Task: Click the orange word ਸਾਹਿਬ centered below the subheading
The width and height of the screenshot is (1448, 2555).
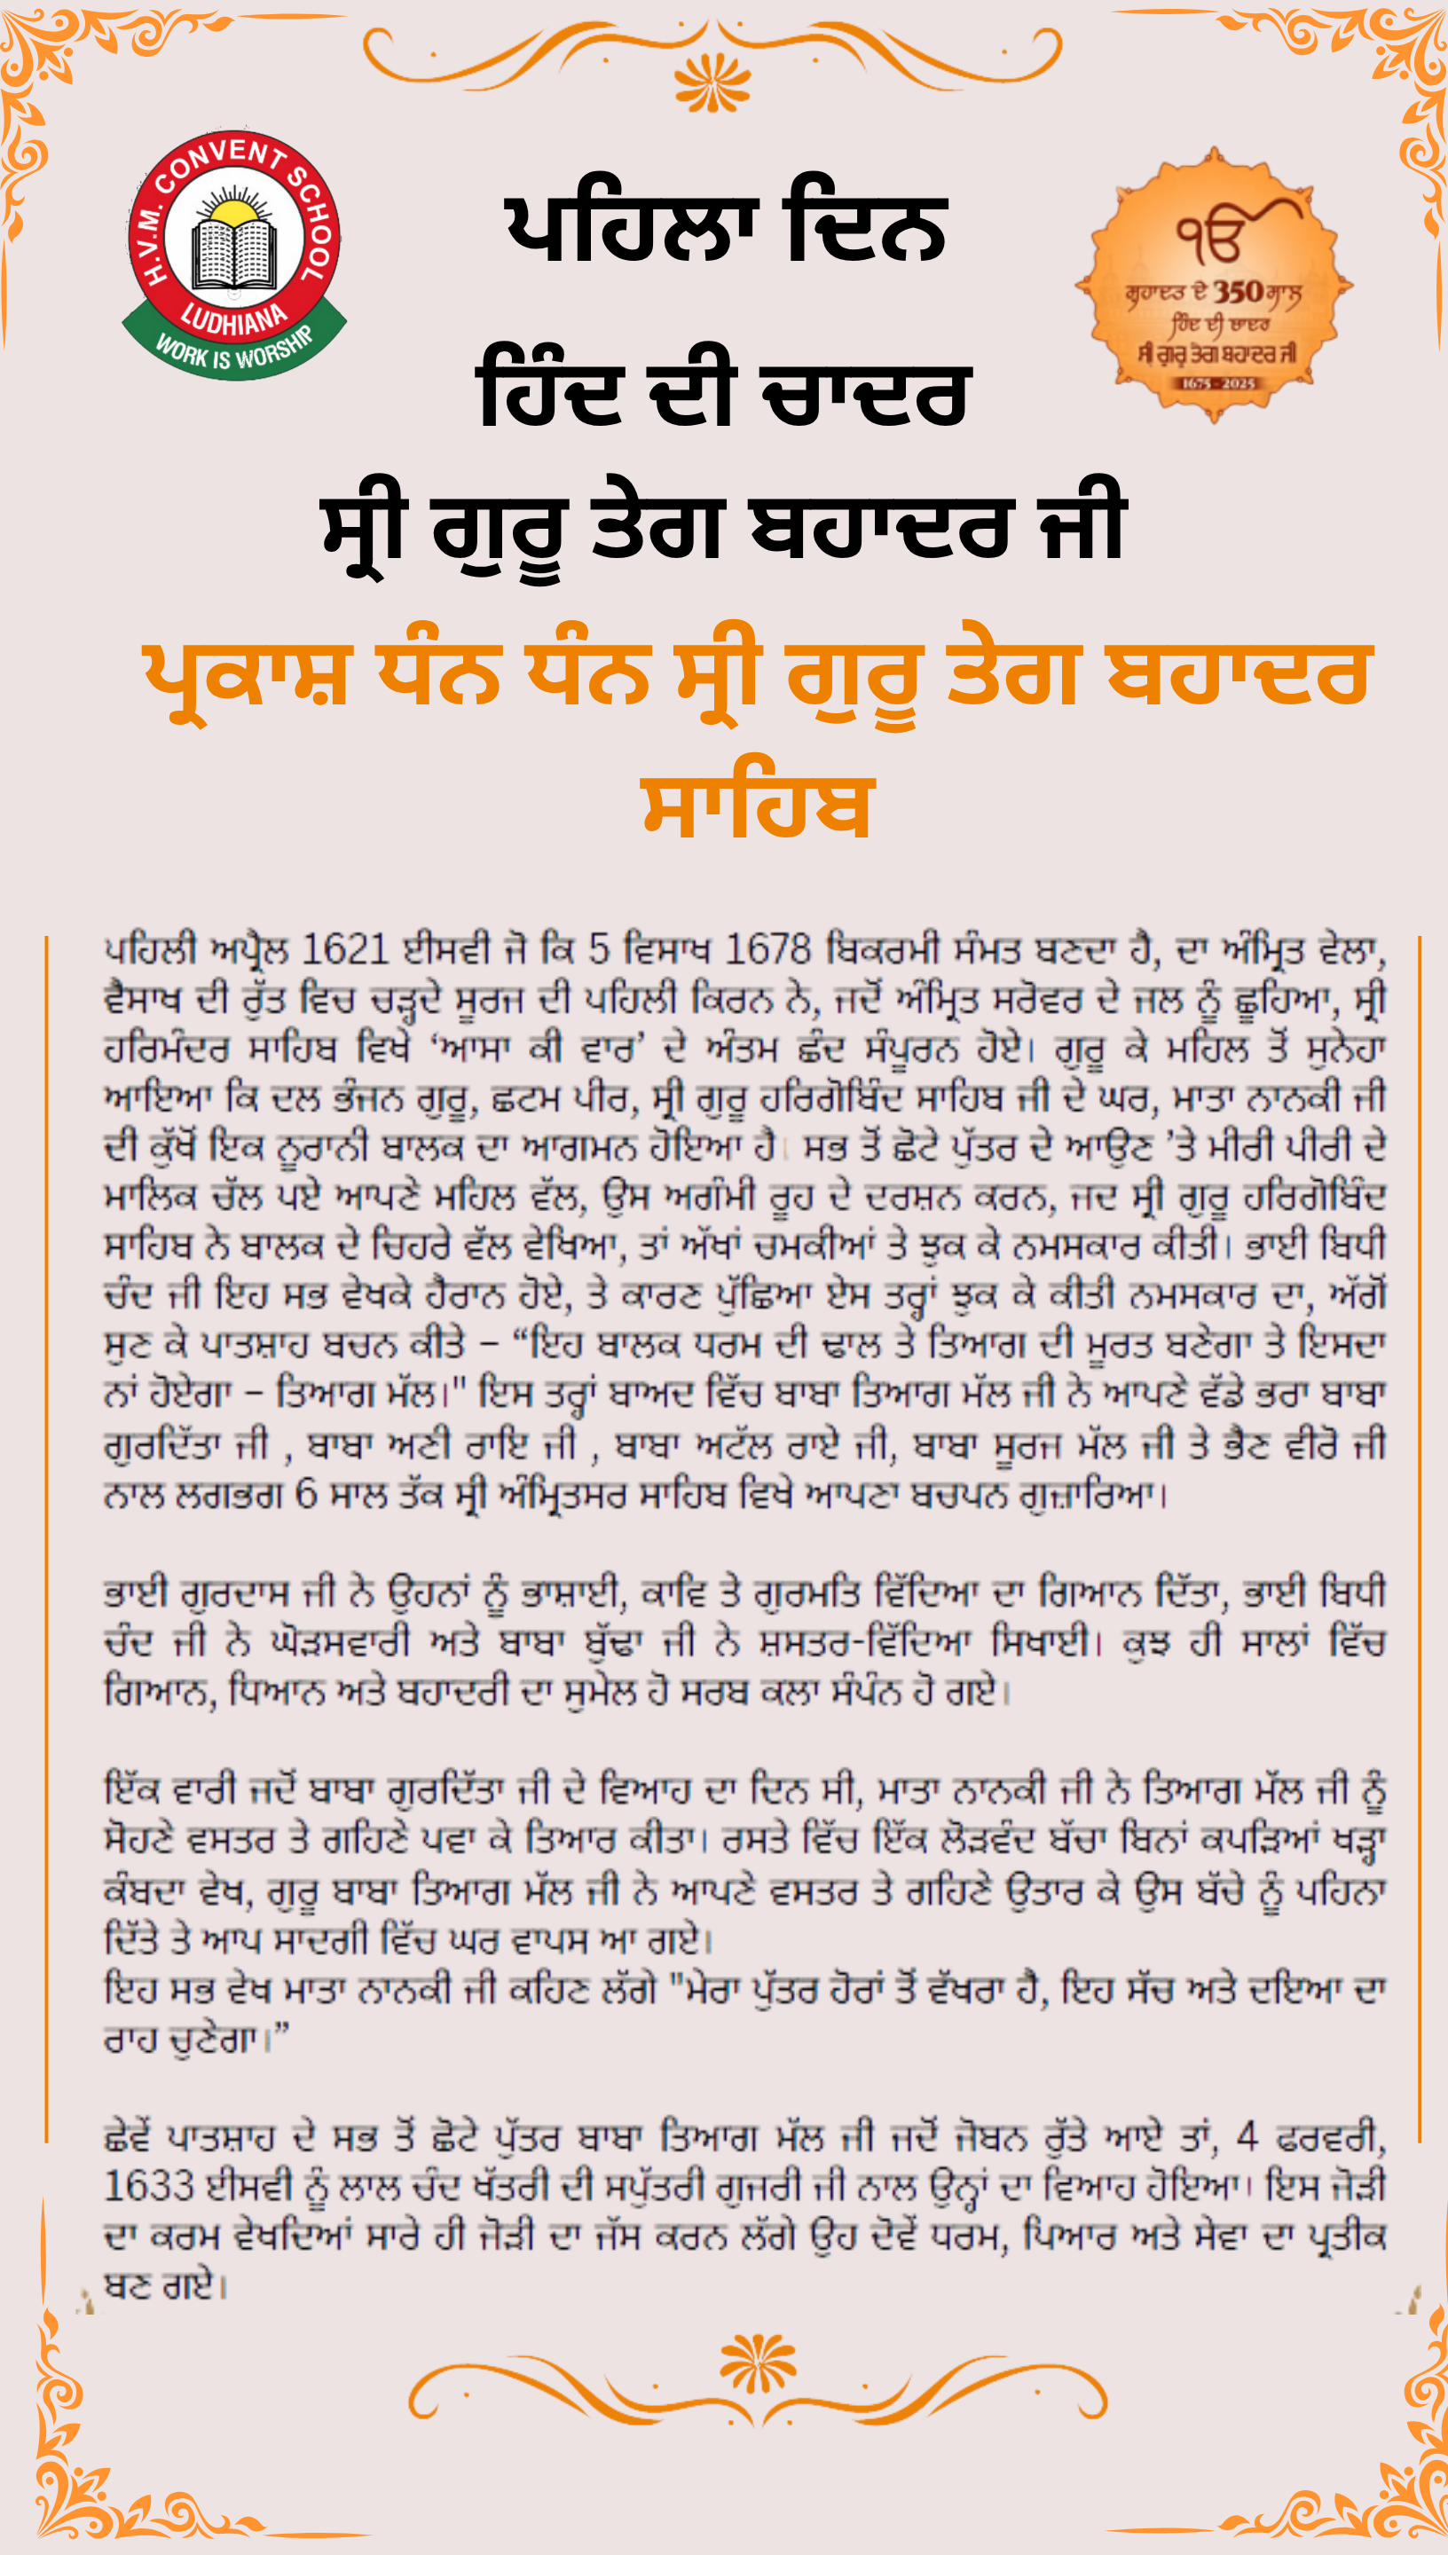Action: (757, 807)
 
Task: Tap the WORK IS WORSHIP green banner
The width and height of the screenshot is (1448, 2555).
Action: (235, 350)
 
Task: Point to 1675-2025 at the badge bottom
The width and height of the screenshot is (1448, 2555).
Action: (1218, 382)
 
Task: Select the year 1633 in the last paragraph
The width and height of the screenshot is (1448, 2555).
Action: (149, 2186)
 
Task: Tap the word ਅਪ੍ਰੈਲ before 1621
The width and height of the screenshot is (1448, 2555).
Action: (248, 950)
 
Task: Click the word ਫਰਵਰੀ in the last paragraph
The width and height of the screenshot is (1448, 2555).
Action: (1335, 2136)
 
